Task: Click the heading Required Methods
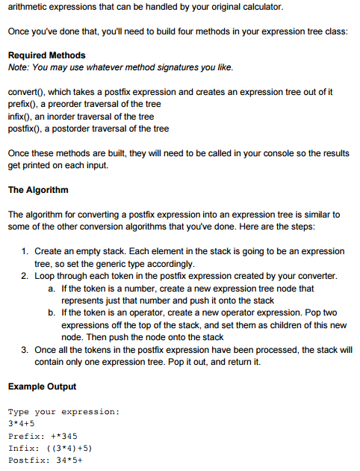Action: point(46,55)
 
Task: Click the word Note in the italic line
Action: point(18,67)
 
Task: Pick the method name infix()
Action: point(20,116)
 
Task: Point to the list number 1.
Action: point(25,251)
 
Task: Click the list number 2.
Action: point(25,275)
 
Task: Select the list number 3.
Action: point(25,349)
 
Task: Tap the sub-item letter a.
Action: point(51,288)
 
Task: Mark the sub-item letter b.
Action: point(51,313)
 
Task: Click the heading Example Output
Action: point(42,387)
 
